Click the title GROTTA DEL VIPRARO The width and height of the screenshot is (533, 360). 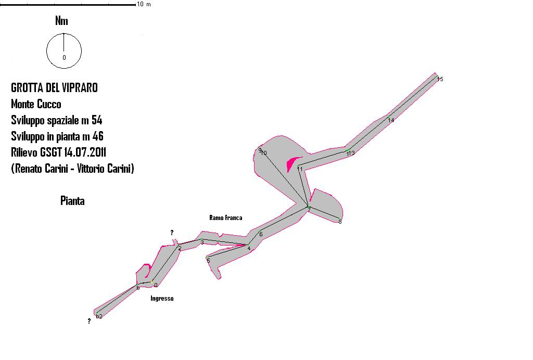[x=54, y=87]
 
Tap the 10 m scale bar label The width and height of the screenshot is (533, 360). [x=144, y=4]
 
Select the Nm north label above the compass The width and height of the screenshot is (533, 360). [x=61, y=21]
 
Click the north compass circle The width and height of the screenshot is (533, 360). [x=64, y=51]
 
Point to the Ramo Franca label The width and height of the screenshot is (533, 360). [x=225, y=218]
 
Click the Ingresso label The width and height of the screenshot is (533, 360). [x=162, y=299]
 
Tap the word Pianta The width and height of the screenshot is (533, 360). [x=72, y=201]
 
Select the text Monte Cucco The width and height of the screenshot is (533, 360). [x=36, y=104]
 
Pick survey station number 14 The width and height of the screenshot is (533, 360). [x=391, y=120]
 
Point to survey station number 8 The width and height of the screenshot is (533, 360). [x=340, y=222]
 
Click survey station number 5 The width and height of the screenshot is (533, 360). [x=208, y=260]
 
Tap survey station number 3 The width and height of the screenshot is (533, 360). [x=202, y=242]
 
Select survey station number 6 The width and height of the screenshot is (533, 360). [x=261, y=234]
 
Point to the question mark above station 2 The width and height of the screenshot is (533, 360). [x=172, y=233]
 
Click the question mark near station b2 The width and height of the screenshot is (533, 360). [x=89, y=321]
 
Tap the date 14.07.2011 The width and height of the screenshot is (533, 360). [x=85, y=152]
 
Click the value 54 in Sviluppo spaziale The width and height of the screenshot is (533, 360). [x=96, y=120]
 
